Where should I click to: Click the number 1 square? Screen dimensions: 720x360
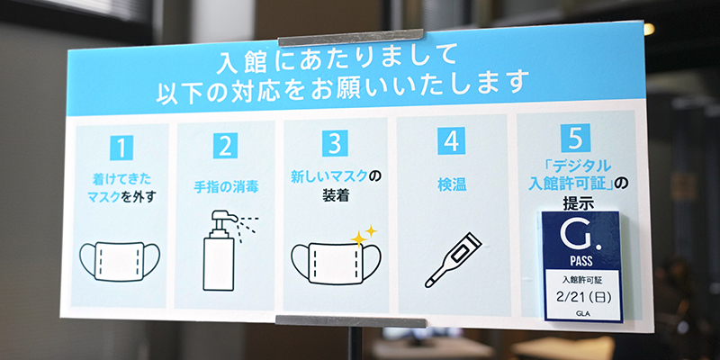pos(121,148)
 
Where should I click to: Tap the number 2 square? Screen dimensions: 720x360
pos(226,146)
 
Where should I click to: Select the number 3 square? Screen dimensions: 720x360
pos(335,143)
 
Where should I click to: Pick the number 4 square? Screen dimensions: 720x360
pos(452,140)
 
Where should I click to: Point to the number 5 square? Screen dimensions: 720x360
pos(575,138)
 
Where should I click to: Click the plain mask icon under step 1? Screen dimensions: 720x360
pos(120,261)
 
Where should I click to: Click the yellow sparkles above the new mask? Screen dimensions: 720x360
pos(364,236)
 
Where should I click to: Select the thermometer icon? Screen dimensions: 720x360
pos(453,260)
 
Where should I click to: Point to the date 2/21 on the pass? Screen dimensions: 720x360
pos(567,298)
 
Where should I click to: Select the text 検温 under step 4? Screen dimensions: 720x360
pos(452,185)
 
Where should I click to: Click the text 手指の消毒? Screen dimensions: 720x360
pos(226,187)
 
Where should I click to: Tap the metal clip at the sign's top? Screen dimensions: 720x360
pos(351,38)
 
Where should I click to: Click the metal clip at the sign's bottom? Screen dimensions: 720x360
pos(350,321)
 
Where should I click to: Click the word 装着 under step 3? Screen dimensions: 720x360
pos(336,196)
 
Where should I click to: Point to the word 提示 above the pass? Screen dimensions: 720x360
pos(579,203)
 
